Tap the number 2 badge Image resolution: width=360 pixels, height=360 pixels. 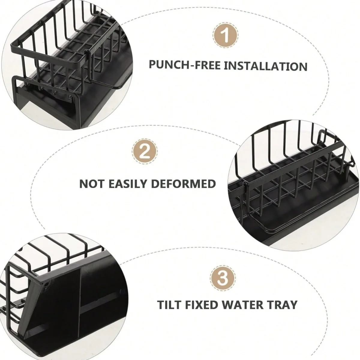click(x=145, y=151)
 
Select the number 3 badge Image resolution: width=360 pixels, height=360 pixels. click(x=222, y=277)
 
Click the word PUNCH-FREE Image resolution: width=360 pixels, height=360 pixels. click(x=185, y=65)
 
